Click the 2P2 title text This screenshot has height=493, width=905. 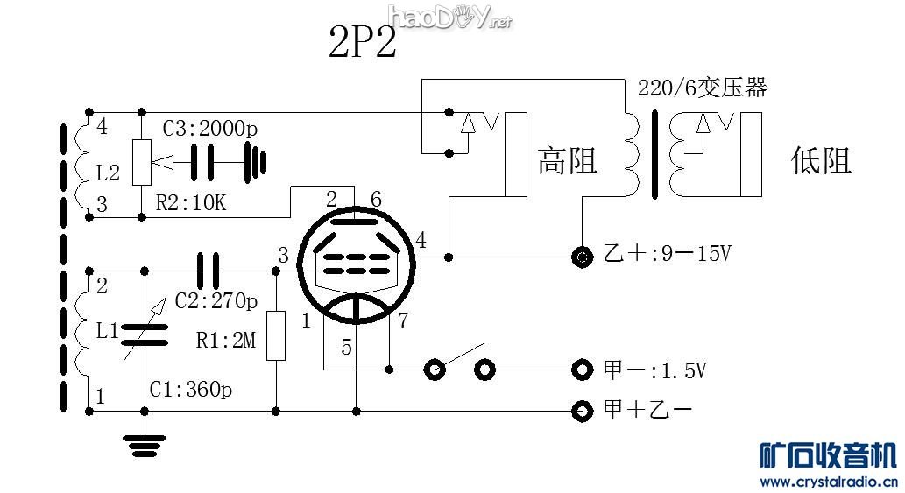tap(362, 42)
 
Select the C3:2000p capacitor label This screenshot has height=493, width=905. tap(210, 128)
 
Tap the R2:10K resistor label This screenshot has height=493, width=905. tap(191, 204)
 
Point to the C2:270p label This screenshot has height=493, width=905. tap(216, 301)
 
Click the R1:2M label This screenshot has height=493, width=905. tap(226, 341)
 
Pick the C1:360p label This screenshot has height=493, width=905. tap(186, 390)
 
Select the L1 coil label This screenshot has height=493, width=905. tap(108, 332)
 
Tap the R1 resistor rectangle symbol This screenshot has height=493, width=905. tap(276, 335)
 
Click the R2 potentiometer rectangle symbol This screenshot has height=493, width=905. tap(141, 162)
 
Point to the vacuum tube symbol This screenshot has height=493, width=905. tap(356, 263)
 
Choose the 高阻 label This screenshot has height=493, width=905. tap(567, 160)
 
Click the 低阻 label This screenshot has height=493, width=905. tap(821, 160)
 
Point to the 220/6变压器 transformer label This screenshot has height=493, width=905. tap(702, 88)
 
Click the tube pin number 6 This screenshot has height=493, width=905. tap(376, 200)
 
